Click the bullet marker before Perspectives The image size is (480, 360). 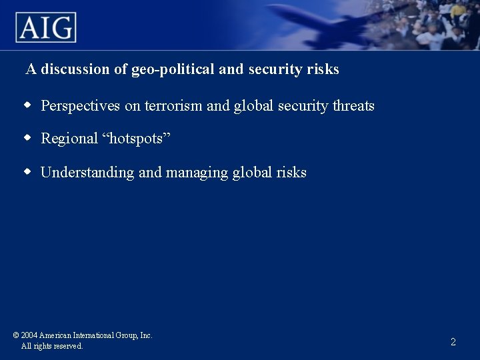(x=28, y=105)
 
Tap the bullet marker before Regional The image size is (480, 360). (x=28, y=138)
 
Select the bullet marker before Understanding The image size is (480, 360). (x=28, y=172)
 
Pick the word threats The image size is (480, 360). (x=353, y=106)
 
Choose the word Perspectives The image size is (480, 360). (x=81, y=106)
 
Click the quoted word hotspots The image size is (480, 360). (x=136, y=139)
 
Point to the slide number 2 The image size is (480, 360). (x=453, y=342)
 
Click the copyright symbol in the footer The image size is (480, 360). (x=15, y=335)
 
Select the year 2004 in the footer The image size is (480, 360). (x=29, y=335)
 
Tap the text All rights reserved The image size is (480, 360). (x=52, y=346)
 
